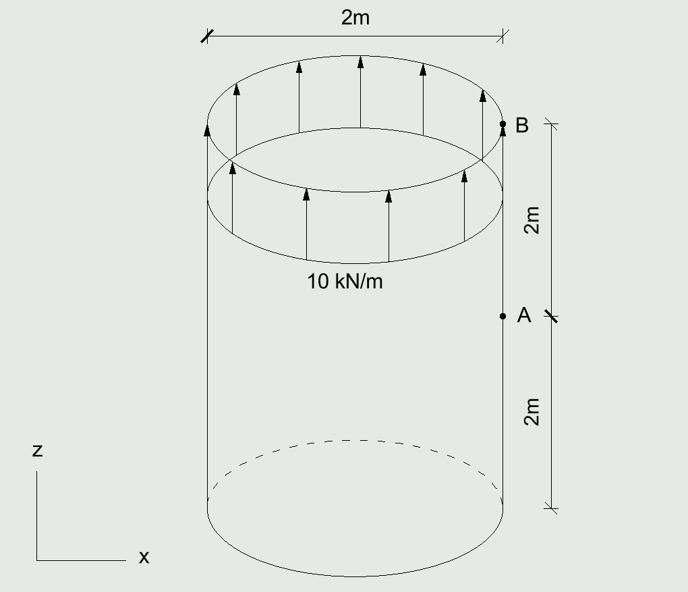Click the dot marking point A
pos(503,316)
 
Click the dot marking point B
pos(503,124)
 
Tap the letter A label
pos(524,315)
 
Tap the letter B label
pos(521,125)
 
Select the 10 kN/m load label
pos(345,281)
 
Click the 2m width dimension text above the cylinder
pos(355,18)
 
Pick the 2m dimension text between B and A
pos(532,219)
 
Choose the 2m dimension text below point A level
pos(532,412)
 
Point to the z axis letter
pos(37,451)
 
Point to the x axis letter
pos(144,558)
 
